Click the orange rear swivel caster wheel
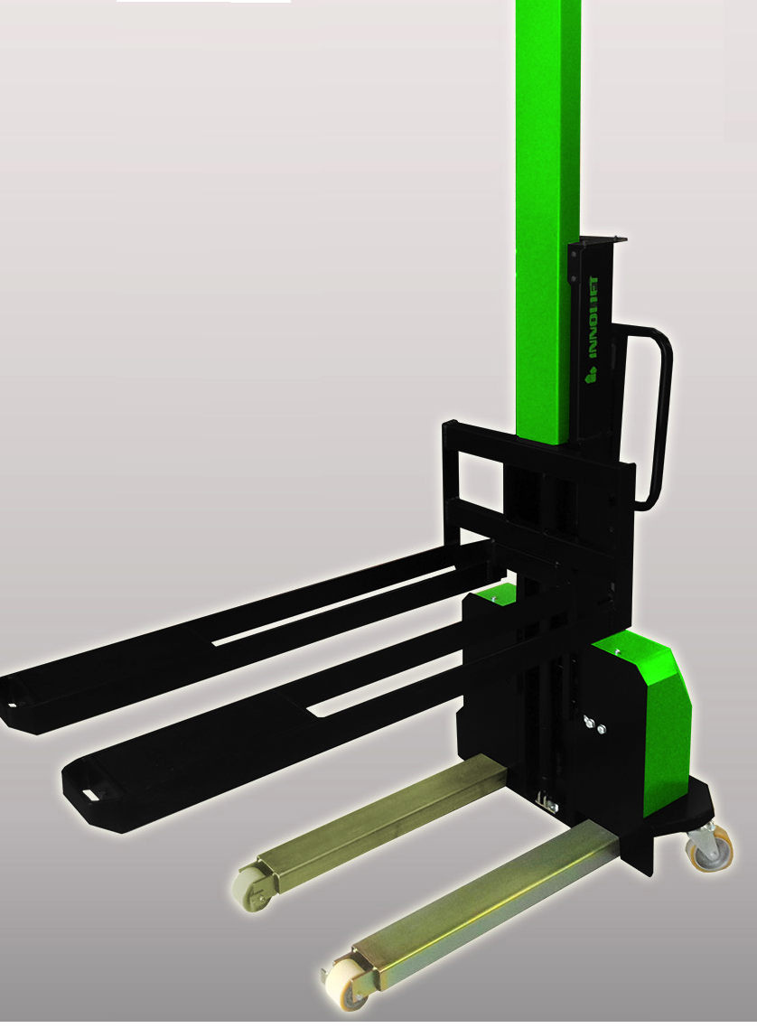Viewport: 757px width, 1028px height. pyautogui.click(x=706, y=852)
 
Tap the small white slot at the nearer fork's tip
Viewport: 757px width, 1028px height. pyautogui.click(x=89, y=794)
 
